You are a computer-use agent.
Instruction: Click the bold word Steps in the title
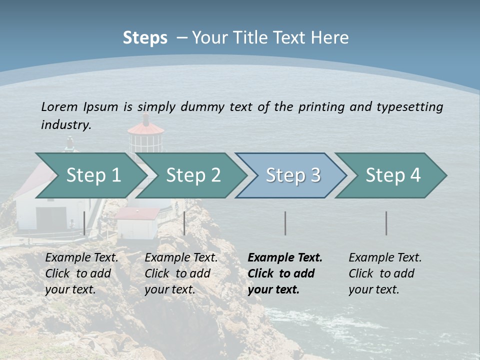coord(145,38)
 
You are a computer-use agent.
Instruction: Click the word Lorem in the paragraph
coord(59,106)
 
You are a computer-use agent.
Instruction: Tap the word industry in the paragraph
coord(65,125)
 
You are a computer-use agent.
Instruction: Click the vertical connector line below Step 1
coord(84,223)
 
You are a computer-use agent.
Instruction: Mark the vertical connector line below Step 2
coord(184,223)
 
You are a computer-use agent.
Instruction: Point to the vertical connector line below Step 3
coord(285,223)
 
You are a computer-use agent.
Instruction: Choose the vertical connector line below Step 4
coord(386,223)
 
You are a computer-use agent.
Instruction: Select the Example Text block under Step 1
coord(81,273)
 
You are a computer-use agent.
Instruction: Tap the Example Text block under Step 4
coord(385,273)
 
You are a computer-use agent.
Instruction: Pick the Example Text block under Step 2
coord(181,273)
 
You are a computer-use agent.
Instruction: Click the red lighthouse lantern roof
coord(145,128)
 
